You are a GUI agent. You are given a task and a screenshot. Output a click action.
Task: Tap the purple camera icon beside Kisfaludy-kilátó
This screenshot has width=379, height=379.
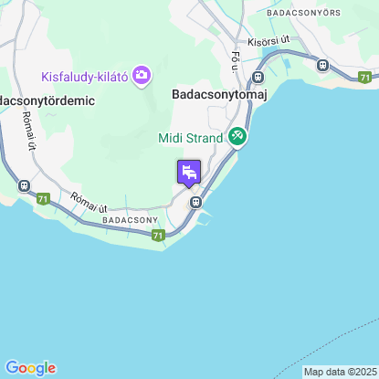coord(142,75)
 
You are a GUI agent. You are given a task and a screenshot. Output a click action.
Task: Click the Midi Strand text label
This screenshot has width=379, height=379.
coord(191,137)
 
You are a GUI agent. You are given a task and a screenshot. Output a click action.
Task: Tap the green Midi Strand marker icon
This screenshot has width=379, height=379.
coord(237,136)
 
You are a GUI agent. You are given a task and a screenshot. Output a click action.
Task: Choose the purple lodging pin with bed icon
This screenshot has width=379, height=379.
coord(189,173)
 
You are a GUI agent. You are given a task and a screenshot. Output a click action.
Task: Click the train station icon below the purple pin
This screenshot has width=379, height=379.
coord(195,203)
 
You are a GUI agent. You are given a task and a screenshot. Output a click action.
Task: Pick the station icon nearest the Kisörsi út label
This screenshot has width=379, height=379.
coord(258,79)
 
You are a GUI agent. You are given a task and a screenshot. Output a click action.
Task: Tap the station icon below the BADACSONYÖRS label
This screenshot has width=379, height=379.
coord(322,65)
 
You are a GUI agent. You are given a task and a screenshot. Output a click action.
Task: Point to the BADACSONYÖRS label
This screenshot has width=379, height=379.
coord(302,14)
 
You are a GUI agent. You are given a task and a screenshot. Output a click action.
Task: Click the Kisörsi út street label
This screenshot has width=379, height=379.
coord(268,40)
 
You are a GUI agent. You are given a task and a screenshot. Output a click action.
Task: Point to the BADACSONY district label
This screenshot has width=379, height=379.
coord(131,220)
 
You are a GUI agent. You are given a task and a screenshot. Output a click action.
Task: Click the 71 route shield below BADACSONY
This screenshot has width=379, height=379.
coord(159,236)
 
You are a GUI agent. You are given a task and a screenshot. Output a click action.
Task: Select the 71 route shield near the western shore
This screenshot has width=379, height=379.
coord(44,197)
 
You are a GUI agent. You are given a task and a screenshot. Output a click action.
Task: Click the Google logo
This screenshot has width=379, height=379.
coord(30,368)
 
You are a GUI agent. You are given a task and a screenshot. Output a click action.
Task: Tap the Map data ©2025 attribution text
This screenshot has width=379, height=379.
coord(339,372)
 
